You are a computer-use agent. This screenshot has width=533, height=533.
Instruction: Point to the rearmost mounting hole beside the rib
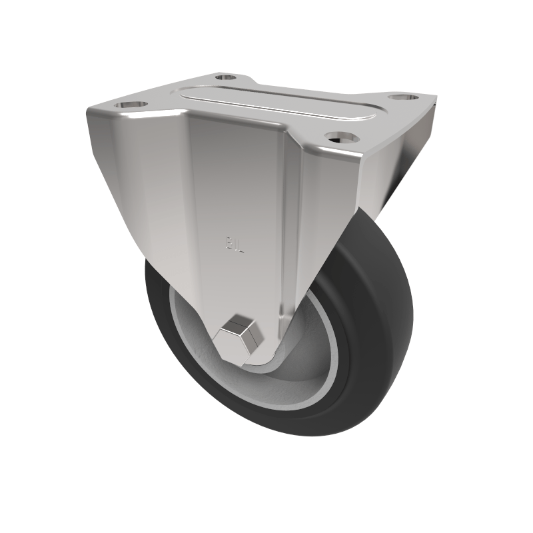point(225,77)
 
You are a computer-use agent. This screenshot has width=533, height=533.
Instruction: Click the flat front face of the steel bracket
point(233,200)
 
